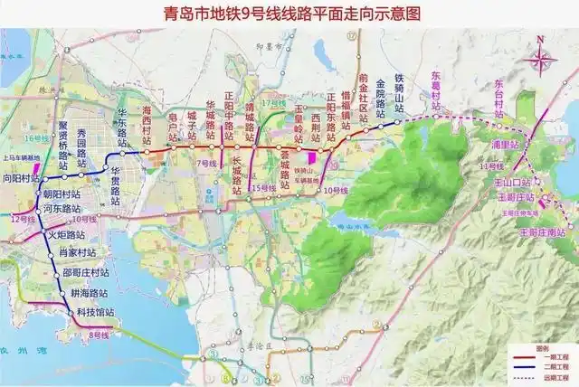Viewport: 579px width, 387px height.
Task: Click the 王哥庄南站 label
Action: click(541, 232)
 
